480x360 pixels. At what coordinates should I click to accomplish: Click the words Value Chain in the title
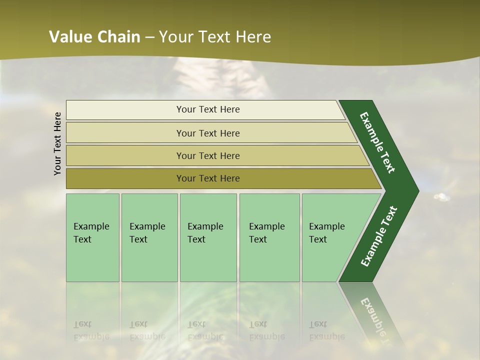95,37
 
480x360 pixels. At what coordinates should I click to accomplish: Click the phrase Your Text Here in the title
215,37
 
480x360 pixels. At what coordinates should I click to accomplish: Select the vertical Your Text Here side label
57,143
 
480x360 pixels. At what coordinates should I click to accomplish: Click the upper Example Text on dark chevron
377,142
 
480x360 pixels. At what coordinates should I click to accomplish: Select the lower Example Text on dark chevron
378,236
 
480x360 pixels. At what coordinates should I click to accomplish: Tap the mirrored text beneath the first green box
91,330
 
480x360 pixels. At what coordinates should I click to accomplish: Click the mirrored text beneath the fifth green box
326,330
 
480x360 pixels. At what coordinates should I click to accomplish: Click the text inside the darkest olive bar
208,178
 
